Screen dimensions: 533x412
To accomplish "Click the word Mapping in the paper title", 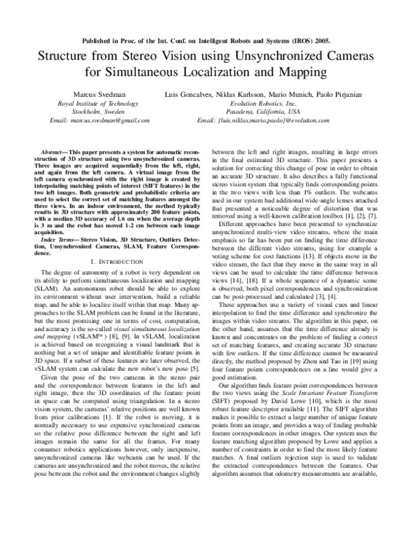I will [x=302, y=71].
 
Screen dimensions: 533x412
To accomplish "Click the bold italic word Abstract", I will [x=54, y=149].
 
